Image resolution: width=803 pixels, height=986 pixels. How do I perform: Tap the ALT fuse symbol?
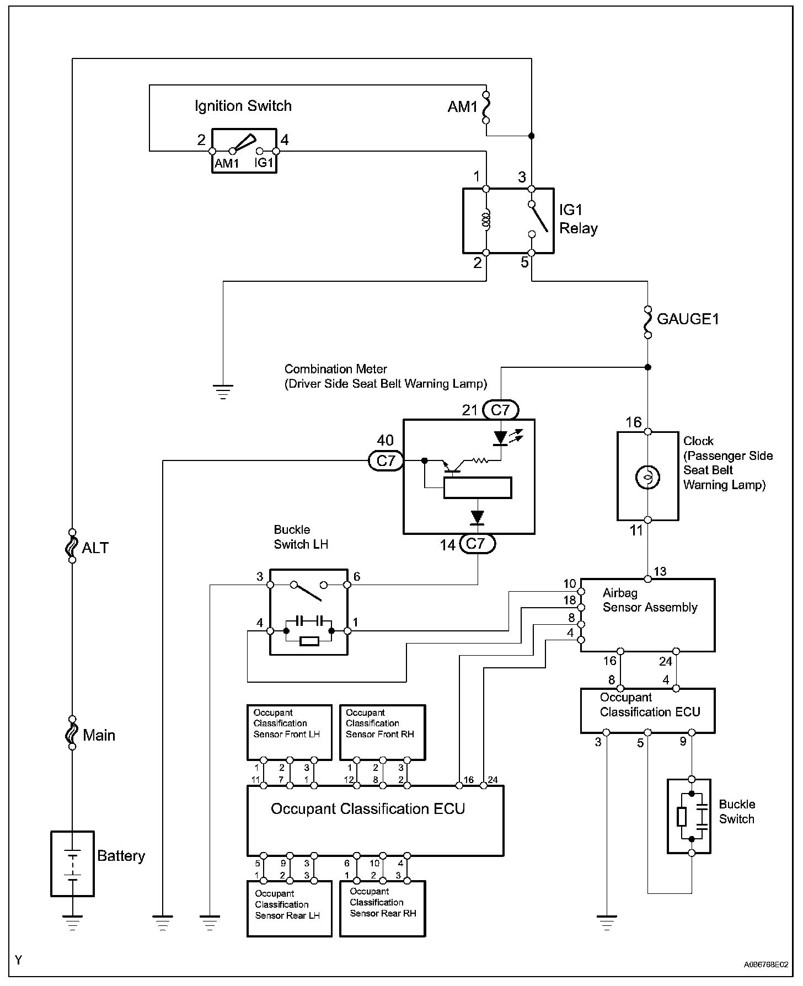72,546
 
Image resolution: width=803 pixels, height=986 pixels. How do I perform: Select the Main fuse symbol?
72,733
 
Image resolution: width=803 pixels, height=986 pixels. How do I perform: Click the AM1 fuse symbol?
486,107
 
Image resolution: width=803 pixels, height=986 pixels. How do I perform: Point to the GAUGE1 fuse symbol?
647,322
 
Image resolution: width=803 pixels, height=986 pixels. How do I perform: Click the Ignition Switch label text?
243,106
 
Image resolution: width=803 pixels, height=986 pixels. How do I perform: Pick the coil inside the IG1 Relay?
486,221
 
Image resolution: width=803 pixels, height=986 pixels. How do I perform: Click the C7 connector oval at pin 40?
386,460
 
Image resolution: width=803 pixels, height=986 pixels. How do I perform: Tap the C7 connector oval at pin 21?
500,410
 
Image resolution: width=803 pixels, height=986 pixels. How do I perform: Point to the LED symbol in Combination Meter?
500,438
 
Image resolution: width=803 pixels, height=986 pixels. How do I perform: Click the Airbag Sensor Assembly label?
649,600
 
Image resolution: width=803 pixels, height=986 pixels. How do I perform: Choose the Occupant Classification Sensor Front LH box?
290,732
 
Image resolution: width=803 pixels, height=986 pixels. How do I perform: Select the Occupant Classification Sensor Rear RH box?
383,908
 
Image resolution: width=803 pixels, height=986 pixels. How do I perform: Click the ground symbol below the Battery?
72,923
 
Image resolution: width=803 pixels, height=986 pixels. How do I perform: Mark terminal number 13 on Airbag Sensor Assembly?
660,571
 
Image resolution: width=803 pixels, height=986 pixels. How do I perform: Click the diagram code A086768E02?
765,965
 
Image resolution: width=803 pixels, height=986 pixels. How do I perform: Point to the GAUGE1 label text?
688,319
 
